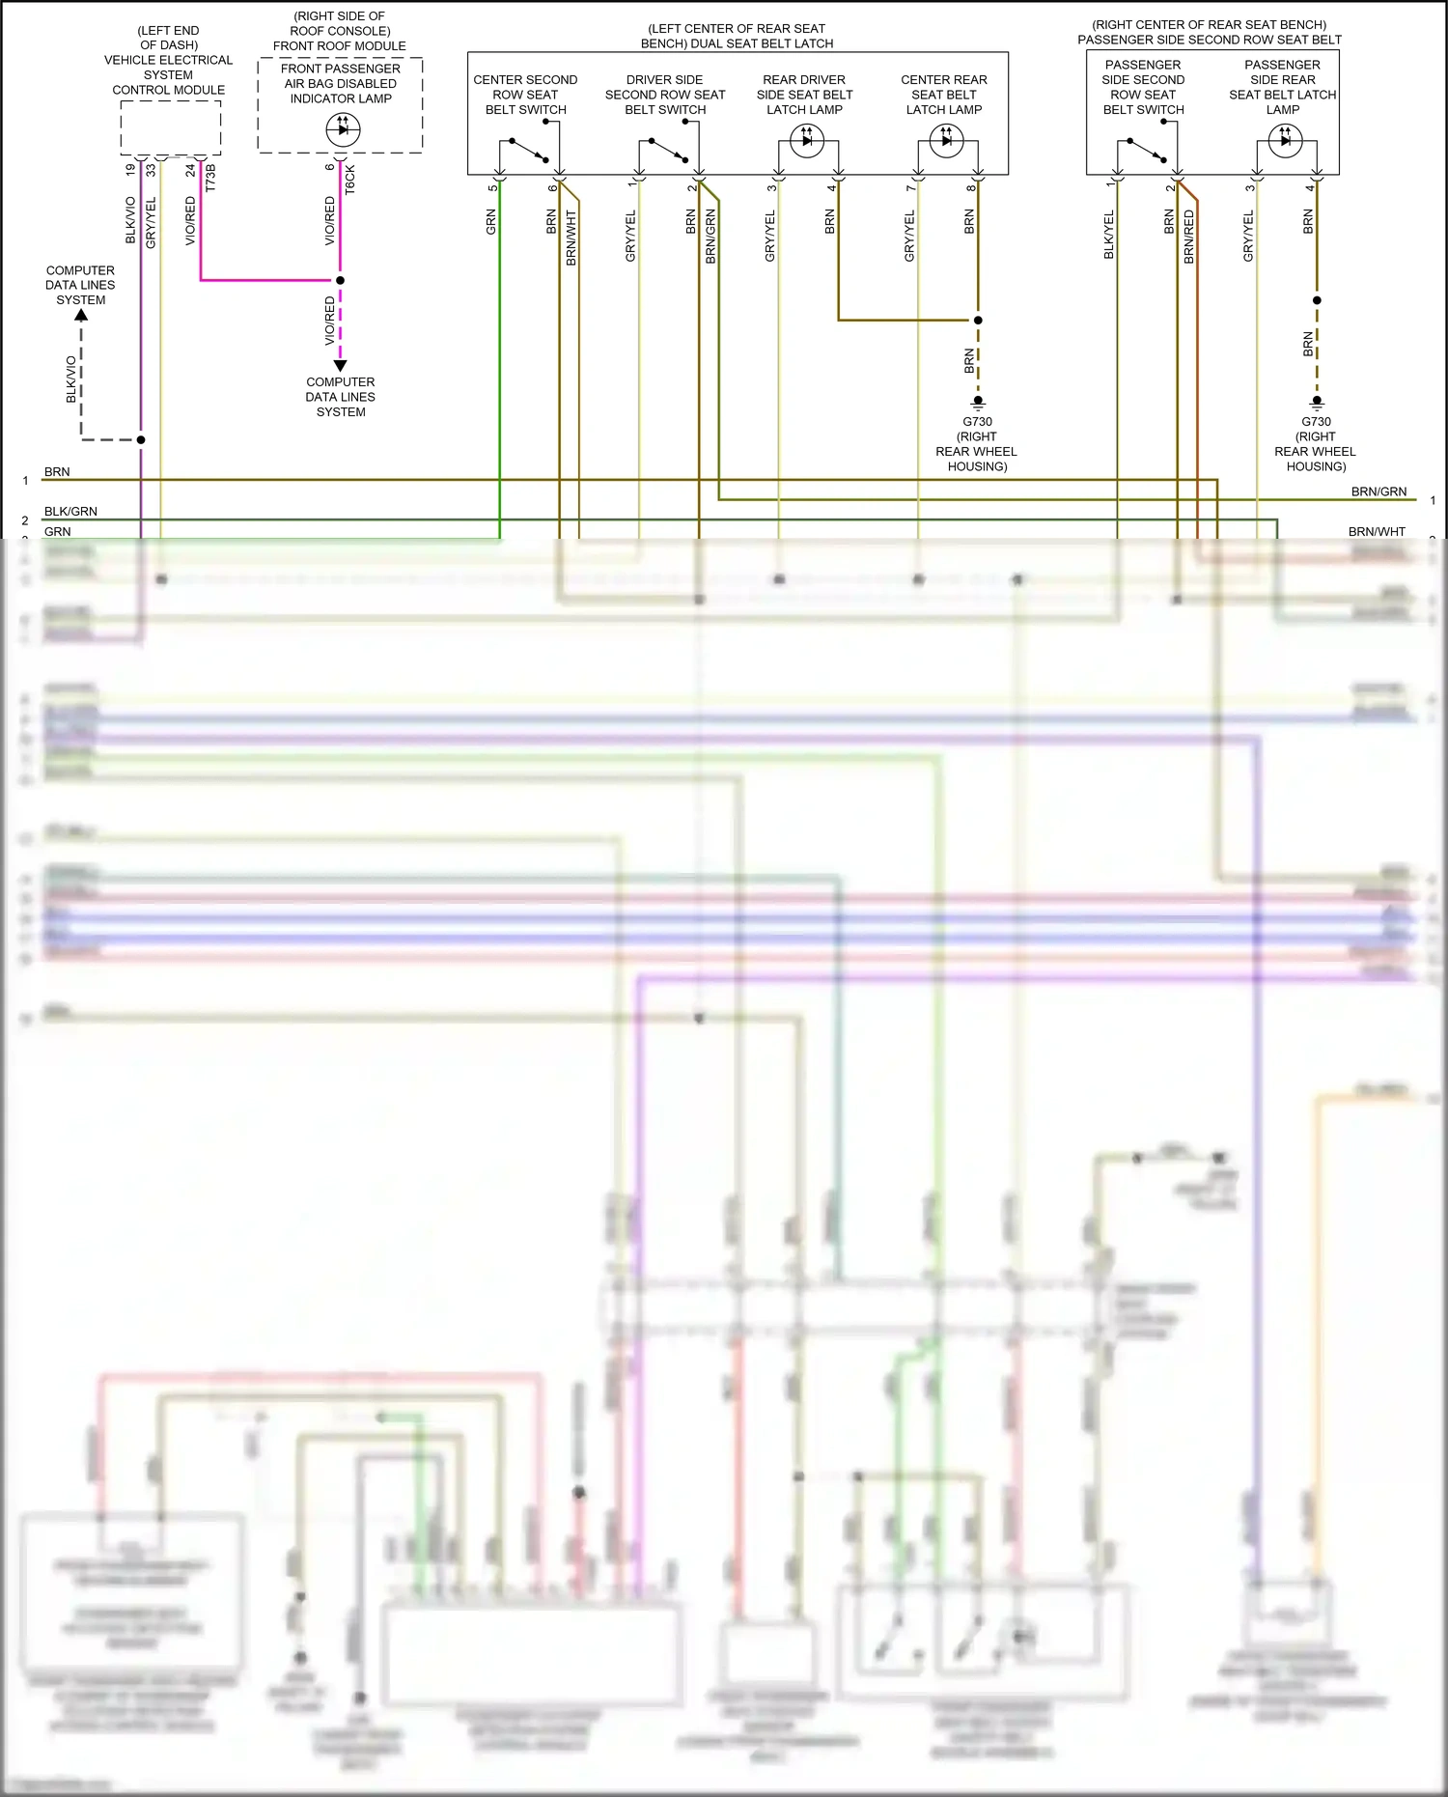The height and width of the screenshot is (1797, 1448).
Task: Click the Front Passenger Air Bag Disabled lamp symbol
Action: (x=343, y=129)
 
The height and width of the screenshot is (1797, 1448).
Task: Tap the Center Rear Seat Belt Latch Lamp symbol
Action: (x=946, y=141)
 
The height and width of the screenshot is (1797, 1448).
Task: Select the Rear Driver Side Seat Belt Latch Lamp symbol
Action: (x=807, y=141)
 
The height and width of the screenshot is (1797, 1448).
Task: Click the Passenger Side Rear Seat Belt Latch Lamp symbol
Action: (x=1285, y=141)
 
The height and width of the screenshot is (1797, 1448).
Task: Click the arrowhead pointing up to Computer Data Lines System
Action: (x=81, y=315)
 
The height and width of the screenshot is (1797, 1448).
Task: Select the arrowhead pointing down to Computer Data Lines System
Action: (x=340, y=366)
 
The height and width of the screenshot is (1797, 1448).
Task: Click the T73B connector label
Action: (x=210, y=178)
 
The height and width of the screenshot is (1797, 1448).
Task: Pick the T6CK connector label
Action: (x=350, y=180)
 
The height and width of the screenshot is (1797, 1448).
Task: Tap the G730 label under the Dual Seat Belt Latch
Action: (x=977, y=422)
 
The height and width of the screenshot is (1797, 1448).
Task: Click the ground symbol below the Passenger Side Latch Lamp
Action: (x=1316, y=402)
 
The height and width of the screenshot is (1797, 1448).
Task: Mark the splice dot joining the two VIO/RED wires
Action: (x=340, y=281)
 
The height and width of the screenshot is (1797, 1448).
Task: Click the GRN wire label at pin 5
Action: (x=491, y=223)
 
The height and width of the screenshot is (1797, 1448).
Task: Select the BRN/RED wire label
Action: (x=1189, y=237)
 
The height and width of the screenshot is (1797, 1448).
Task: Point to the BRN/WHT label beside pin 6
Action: (x=571, y=238)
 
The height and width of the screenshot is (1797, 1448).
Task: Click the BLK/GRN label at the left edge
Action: (x=70, y=511)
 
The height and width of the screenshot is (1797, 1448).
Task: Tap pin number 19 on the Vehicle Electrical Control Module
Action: (x=130, y=170)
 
